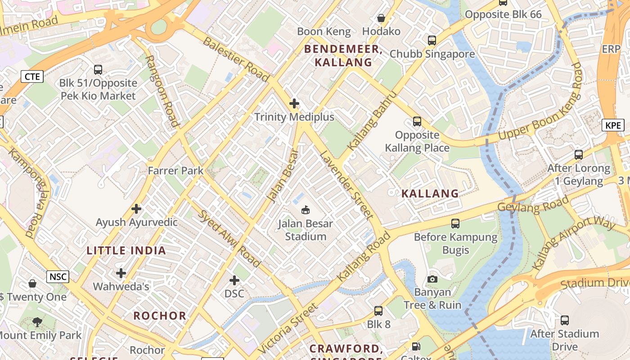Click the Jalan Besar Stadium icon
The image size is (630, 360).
point(306,210)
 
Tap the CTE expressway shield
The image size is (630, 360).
point(32,76)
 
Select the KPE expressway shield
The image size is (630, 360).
point(613,125)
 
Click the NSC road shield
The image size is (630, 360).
point(58,276)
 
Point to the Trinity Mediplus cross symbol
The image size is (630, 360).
point(294,103)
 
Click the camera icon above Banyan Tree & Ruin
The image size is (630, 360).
point(432,279)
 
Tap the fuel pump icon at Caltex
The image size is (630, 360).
point(416,346)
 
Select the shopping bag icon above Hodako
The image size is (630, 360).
point(381,18)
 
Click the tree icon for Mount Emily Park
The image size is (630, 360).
point(37,322)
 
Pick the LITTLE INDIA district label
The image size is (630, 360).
point(126,251)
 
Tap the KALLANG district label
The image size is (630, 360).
point(430,193)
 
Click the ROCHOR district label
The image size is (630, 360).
point(160,315)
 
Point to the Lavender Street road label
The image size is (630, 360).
point(346,185)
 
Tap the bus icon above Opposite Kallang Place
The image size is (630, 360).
point(417,121)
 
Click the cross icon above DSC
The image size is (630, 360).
point(234,280)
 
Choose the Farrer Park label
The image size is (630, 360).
point(176,171)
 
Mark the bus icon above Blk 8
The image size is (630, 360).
point(378,311)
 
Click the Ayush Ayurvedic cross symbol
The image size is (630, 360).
point(136,209)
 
